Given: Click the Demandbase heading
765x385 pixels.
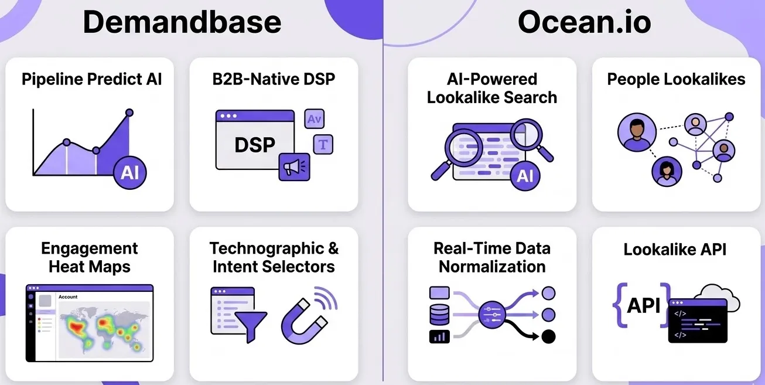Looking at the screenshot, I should (182, 22).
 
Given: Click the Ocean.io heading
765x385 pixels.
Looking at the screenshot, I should (584, 22).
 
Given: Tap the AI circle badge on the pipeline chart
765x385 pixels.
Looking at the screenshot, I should (129, 172).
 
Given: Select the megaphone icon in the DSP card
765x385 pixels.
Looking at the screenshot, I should (293, 167).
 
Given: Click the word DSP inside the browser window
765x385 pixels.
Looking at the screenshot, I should (254, 145).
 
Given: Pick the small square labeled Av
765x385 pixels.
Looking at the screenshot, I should (315, 119).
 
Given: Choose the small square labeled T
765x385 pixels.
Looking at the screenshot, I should (323, 144).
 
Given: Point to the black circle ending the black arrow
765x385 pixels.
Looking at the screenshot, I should (548, 336).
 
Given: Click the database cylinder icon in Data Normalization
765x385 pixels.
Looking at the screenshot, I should (439, 315).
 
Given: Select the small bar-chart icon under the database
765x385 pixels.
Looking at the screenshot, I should (439, 336).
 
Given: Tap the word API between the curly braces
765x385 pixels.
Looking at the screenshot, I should (644, 305).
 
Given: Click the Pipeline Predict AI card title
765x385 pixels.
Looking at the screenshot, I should (91, 80).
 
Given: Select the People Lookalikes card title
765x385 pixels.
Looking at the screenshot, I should (676, 80).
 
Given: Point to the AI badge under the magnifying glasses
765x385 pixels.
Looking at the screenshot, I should (525, 175).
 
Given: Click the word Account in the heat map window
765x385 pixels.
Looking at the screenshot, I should (68, 297).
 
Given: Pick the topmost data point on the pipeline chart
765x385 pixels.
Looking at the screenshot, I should (129, 113).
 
